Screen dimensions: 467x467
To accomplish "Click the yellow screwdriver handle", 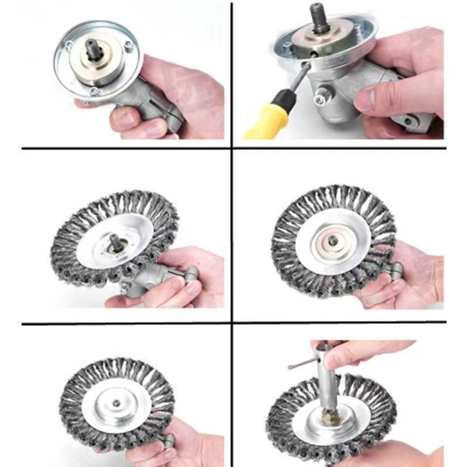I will coord(266,122).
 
